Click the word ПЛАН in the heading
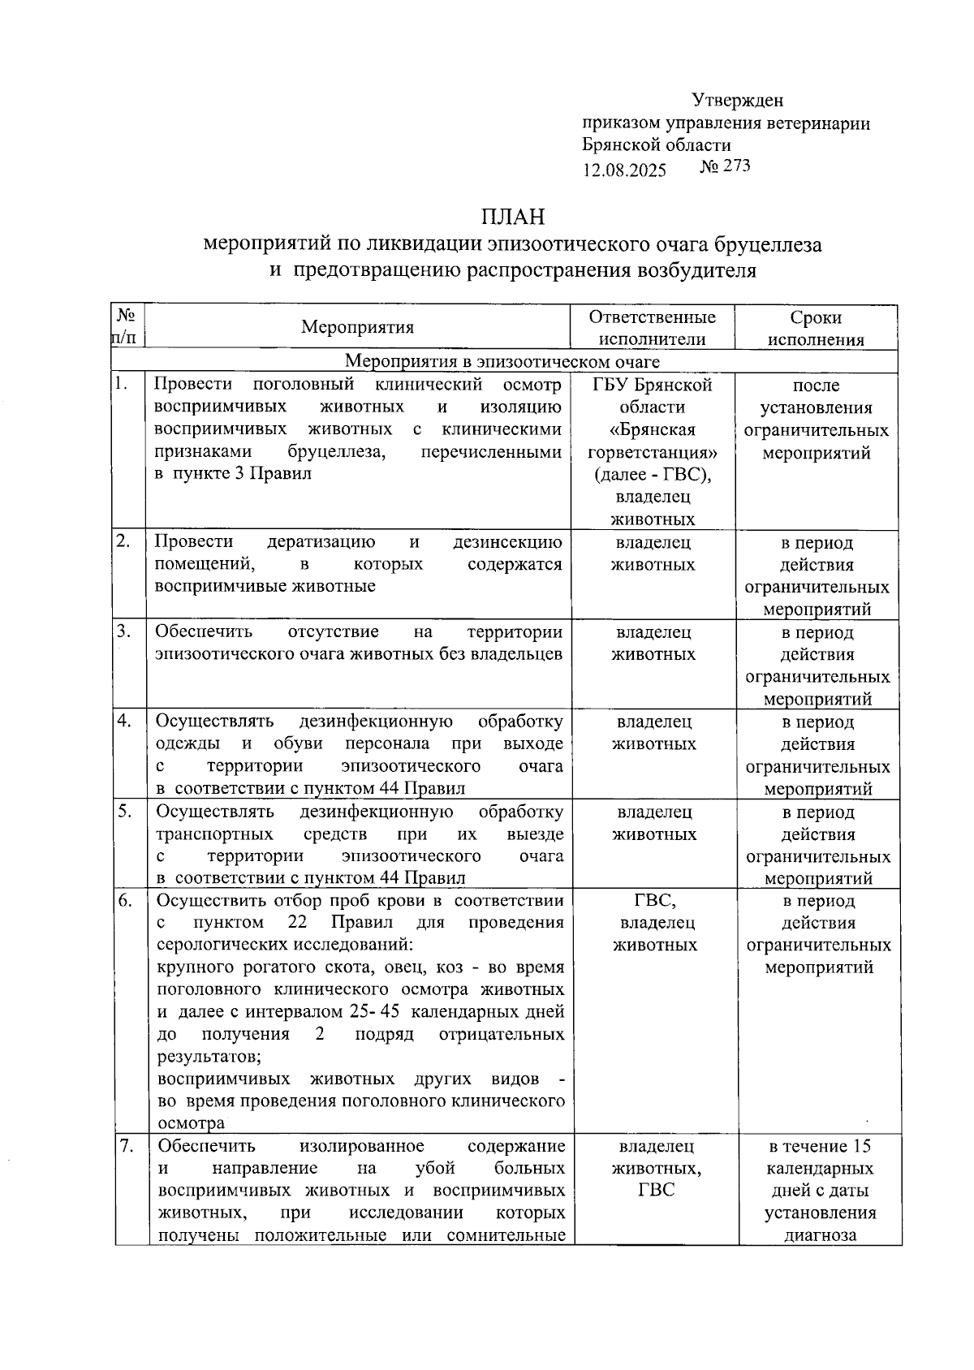(x=512, y=217)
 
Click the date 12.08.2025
(x=624, y=170)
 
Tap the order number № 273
(x=725, y=166)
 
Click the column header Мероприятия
(x=357, y=327)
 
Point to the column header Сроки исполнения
(x=816, y=329)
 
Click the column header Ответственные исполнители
(x=652, y=329)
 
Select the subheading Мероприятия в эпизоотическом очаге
(x=502, y=362)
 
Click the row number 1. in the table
(x=122, y=384)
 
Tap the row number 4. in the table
(x=123, y=721)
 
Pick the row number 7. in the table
(x=126, y=1146)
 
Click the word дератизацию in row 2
(x=321, y=541)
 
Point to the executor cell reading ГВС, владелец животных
(x=654, y=923)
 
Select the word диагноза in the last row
(x=820, y=1235)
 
